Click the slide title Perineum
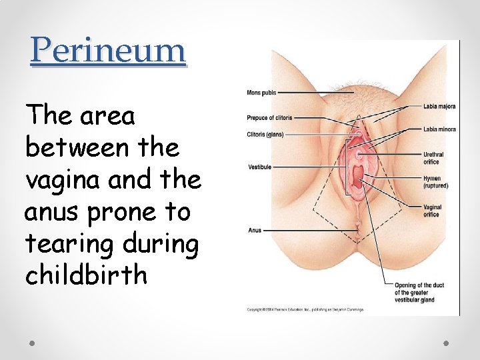[107, 50]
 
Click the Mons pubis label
[261, 92]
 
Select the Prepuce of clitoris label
[269, 118]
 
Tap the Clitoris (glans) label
[265, 134]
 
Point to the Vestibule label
[259, 167]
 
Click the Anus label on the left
[254, 231]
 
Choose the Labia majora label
[439, 105]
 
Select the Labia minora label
[439, 129]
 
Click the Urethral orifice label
[433, 157]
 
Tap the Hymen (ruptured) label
[435, 182]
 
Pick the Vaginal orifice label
[432, 211]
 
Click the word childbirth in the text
[86, 275]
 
